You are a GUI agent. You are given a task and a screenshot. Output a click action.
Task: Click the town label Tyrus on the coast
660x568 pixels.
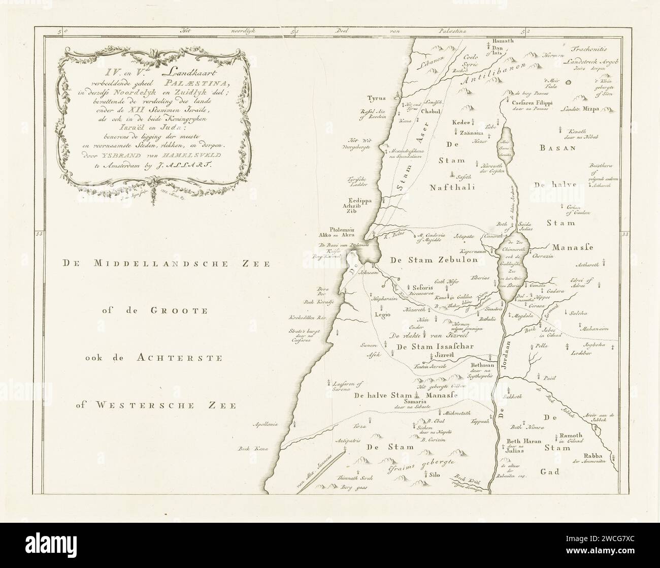(378, 99)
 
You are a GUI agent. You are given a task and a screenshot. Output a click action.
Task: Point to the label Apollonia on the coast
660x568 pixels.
(267, 423)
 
